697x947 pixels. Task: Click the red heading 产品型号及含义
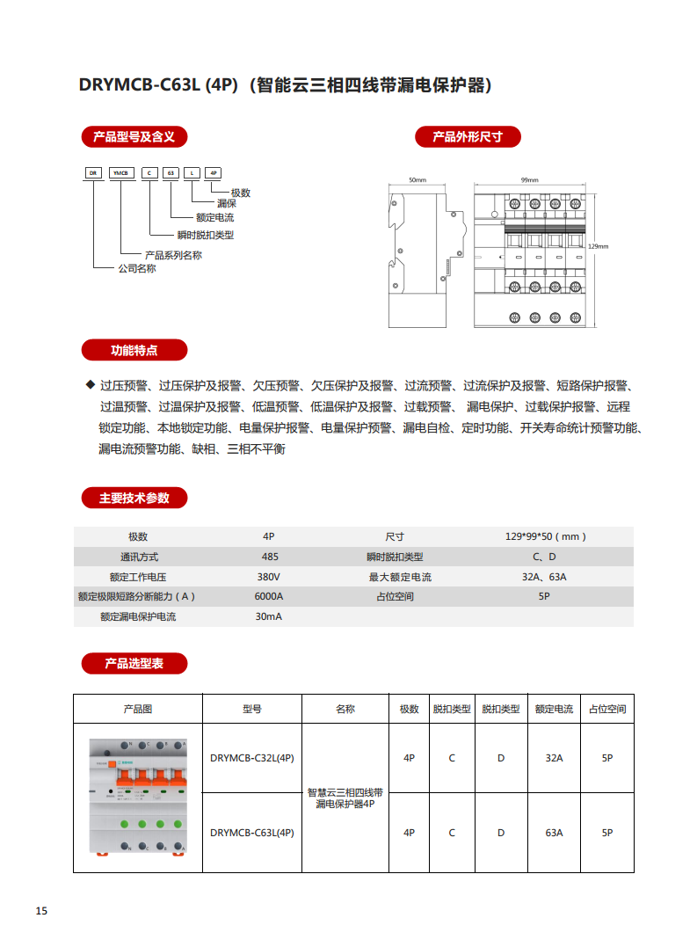[134, 136]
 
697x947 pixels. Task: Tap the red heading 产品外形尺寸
[468, 136]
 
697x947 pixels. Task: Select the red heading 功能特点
[134, 350]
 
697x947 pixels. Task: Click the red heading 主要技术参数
[134, 498]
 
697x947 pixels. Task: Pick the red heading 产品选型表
[134, 663]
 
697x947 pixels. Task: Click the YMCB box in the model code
[119, 173]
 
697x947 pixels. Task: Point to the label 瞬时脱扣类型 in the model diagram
[205, 235]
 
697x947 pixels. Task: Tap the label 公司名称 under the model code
[136, 269]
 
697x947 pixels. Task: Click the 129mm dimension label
[598, 247]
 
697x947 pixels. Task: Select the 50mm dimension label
[417, 180]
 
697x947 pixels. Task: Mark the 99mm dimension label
[529, 180]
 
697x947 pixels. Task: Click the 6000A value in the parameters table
[269, 596]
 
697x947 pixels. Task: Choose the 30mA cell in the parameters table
[269, 616]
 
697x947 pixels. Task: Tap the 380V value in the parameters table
[269, 577]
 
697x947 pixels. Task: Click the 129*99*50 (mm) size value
[545, 536]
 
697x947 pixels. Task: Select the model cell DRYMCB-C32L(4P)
[252, 757]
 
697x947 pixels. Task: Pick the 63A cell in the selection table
[554, 832]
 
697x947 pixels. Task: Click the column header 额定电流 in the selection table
[554, 709]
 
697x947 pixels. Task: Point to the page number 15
[41, 910]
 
